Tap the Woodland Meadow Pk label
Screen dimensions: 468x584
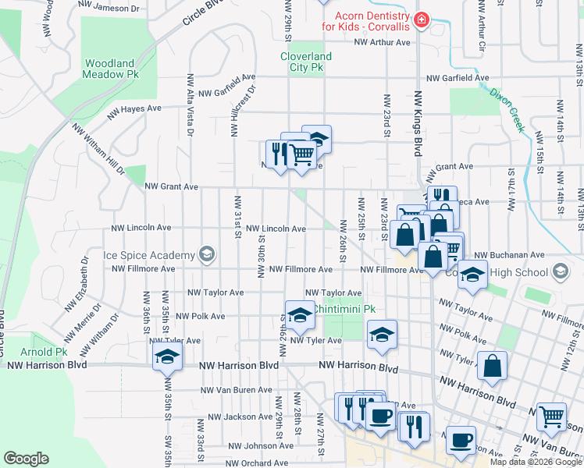[x=111, y=69]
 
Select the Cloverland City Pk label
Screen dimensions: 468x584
[x=306, y=62]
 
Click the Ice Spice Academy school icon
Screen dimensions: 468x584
[x=206, y=254]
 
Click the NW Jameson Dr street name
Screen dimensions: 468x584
[x=110, y=9]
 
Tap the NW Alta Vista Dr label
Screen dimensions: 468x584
[x=189, y=106]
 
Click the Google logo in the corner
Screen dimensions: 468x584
[x=26, y=459]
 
